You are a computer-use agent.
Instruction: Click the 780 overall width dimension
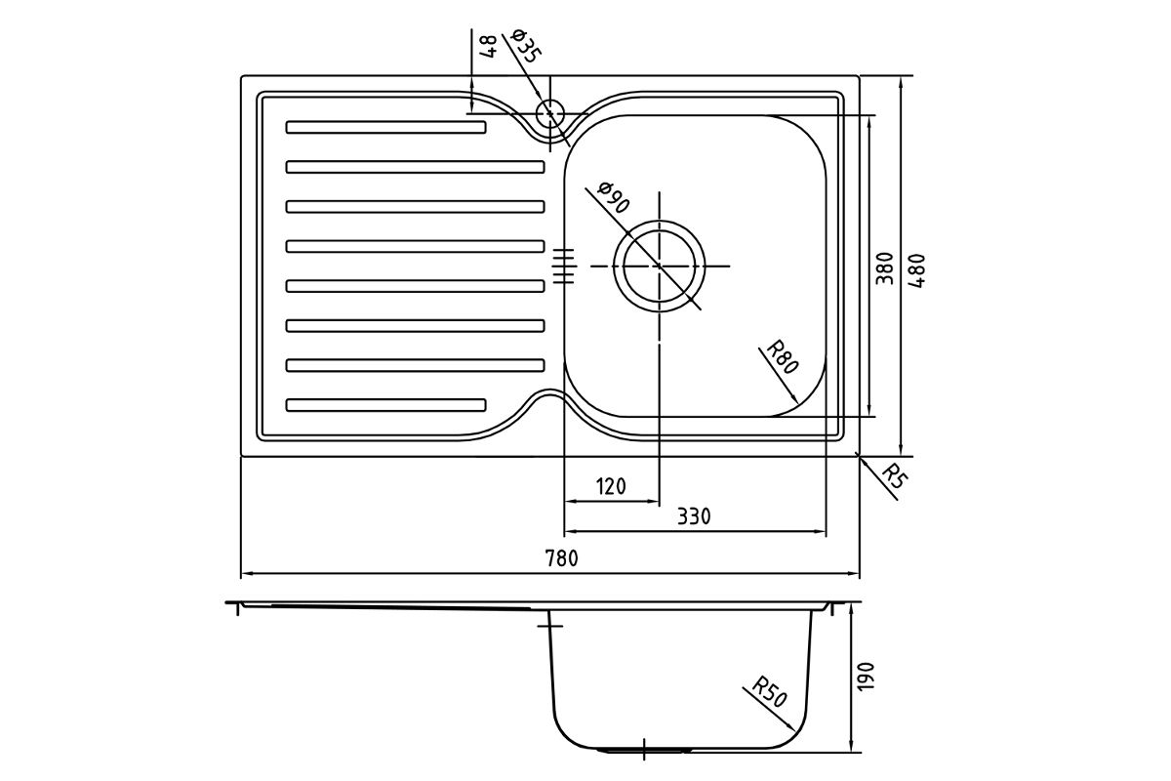tap(562, 558)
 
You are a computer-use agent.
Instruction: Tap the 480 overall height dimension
tap(916, 270)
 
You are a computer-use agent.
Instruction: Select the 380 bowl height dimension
tap(884, 268)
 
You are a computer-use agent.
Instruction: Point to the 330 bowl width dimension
tap(694, 516)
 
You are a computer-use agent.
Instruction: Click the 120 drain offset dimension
tap(611, 486)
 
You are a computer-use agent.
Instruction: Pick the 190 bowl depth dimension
tap(867, 676)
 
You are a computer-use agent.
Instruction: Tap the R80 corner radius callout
tap(783, 357)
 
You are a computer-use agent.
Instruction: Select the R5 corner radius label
tap(895, 476)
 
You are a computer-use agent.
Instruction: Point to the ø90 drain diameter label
tap(613, 197)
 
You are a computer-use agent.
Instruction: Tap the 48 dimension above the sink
tap(487, 47)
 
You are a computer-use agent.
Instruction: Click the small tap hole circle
tap(550, 113)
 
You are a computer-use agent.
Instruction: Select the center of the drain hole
tap(660, 267)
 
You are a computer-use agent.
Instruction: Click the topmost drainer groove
tap(385, 127)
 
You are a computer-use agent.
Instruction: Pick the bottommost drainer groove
tap(385, 405)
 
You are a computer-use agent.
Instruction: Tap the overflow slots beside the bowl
tap(565, 267)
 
